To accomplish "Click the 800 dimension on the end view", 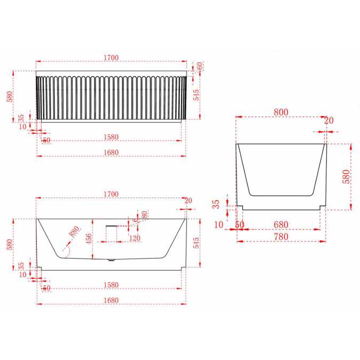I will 281,112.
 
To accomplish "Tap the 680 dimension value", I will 281,225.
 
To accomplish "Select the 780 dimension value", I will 281,237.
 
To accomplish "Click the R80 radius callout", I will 74,232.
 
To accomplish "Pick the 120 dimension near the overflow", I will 134,238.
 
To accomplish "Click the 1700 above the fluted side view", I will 111,57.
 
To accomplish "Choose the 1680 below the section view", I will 111,300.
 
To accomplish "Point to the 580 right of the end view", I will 346,176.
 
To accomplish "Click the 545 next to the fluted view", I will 197,95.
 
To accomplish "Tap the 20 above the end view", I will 328,121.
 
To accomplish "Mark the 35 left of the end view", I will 216,204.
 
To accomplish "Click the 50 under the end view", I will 239,225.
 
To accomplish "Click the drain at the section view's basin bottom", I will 111,261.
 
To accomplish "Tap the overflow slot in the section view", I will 111,226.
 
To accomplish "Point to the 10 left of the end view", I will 219,225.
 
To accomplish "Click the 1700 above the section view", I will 111,193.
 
